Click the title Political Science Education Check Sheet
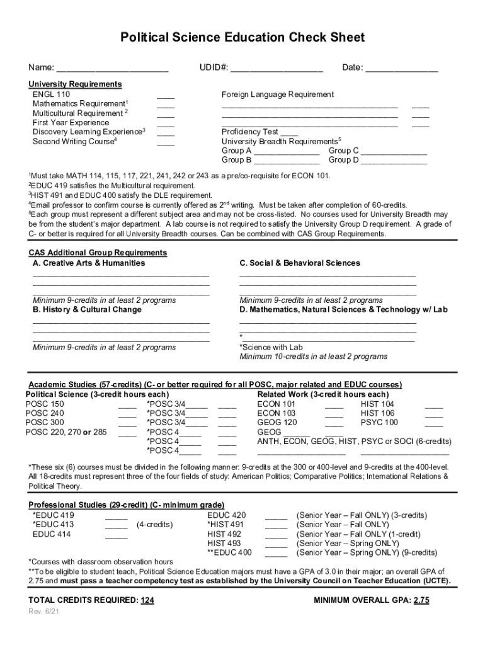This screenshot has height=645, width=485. (x=243, y=38)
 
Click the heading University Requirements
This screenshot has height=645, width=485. (x=75, y=84)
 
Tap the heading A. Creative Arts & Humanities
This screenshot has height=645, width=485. (x=89, y=263)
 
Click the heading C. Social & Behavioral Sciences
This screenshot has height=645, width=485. (x=300, y=263)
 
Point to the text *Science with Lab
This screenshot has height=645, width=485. (x=271, y=347)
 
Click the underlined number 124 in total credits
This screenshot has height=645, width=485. (x=147, y=600)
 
